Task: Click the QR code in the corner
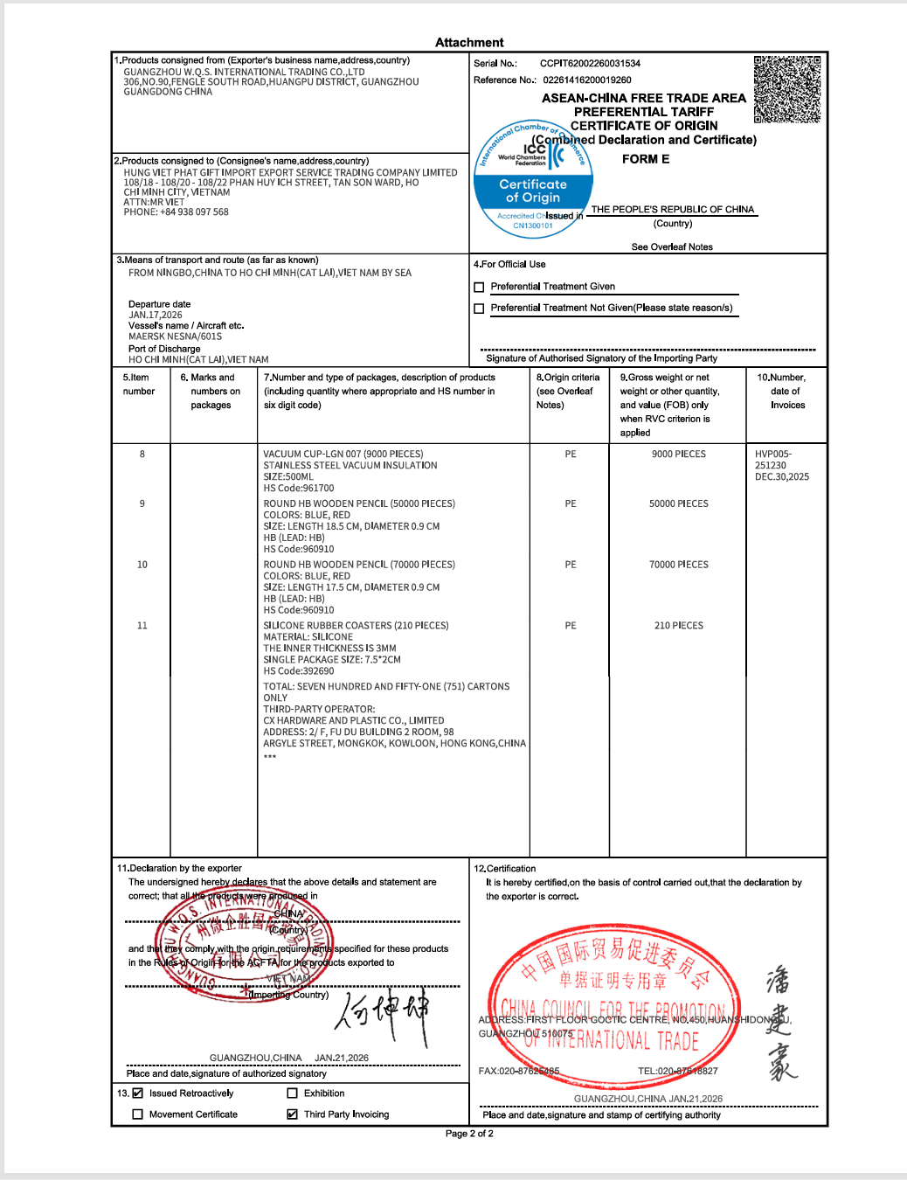pyautogui.click(x=787, y=89)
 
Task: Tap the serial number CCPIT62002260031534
pyautogui.click(x=590, y=64)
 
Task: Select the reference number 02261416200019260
pyautogui.click(x=587, y=80)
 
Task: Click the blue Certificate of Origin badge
pyautogui.click(x=533, y=191)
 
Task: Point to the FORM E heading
pyautogui.click(x=646, y=159)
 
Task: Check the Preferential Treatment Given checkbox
pyautogui.click(x=479, y=288)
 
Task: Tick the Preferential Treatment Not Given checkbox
pyautogui.click(x=479, y=309)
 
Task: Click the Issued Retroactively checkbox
pyautogui.click(x=137, y=1093)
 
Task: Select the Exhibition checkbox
pyautogui.click(x=293, y=1093)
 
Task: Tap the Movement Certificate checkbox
pyautogui.click(x=137, y=1114)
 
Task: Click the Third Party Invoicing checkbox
pyautogui.click(x=293, y=1114)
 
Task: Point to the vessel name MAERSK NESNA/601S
pyautogui.click(x=175, y=337)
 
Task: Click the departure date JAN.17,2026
pyautogui.click(x=156, y=316)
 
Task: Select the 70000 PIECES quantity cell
pyautogui.click(x=679, y=565)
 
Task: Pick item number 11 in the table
pyautogui.click(x=142, y=626)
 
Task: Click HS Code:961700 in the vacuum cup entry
pyautogui.click(x=299, y=489)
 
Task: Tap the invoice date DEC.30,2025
pyautogui.click(x=782, y=477)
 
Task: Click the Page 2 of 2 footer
pyautogui.click(x=469, y=1134)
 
